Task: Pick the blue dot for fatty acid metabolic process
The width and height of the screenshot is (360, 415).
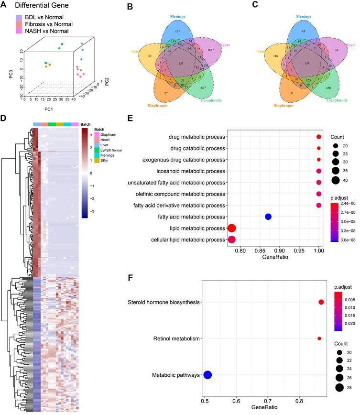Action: point(268,217)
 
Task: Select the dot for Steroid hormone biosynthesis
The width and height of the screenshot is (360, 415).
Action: point(321,302)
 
